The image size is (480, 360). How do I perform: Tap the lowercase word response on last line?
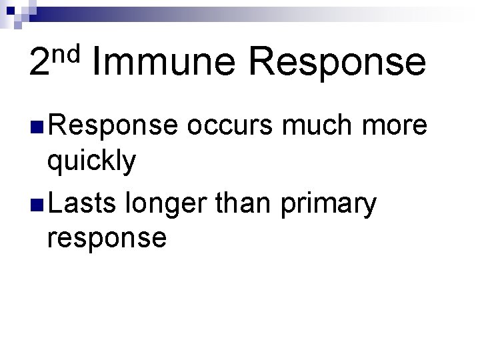point(107,238)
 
